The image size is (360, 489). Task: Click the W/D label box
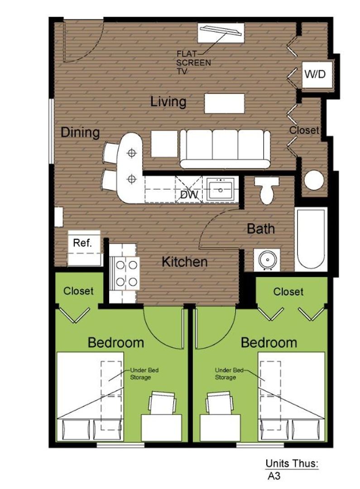click(x=315, y=74)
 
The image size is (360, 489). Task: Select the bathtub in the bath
click(x=311, y=239)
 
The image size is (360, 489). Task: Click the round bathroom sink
click(x=267, y=259)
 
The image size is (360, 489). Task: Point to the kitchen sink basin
click(x=221, y=189)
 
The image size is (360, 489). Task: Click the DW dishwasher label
click(x=189, y=195)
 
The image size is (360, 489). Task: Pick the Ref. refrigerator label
click(x=82, y=243)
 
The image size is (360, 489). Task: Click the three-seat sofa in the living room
click(x=225, y=149)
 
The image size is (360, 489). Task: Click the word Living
click(x=168, y=102)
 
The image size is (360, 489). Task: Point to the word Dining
click(x=80, y=133)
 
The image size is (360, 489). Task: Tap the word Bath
click(x=261, y=229)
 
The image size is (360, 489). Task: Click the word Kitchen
click(x=185, y=262)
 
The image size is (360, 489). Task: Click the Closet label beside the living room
click(x=304, y=130)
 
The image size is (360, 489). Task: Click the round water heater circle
click(x=314, y=180)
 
